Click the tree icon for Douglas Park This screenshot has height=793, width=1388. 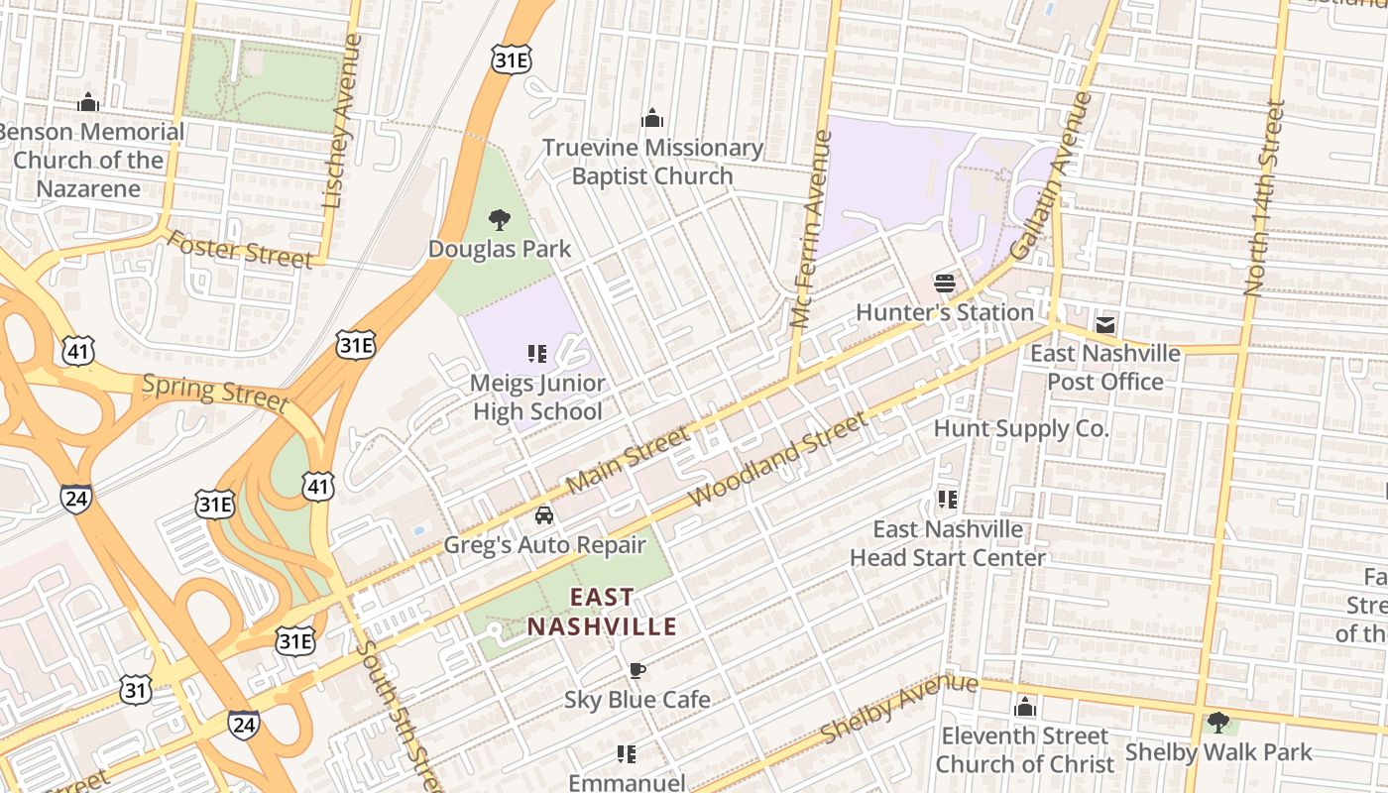click(x=500, y=219)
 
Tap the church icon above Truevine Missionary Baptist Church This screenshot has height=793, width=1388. click(x=652, y=119)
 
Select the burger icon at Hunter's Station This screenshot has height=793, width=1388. click(x=945, y=283)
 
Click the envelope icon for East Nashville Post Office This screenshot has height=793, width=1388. click(x=1105, y=324)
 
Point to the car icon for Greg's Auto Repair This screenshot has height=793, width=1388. click(x=544, y=515)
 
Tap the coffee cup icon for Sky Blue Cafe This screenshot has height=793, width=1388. click(x=637, y=671)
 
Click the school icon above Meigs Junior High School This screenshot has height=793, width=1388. click(x=537, y=354)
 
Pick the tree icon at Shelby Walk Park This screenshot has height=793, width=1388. click(x=1218, y=723)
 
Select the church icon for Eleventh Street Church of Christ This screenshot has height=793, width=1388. click(x=1025, y=708)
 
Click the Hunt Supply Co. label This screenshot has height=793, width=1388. click(x=1021, y=428)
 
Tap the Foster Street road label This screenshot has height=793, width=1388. click(x=239, y=249)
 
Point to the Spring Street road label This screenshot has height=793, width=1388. click(x=215, y=392)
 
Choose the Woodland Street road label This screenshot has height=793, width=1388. click(x=779, y=461)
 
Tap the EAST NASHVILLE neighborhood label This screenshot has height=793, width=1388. click(x=602, y=612)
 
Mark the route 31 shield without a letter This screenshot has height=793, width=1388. click(x=137, y=689)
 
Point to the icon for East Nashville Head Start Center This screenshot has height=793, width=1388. click(x=947, y=499)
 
